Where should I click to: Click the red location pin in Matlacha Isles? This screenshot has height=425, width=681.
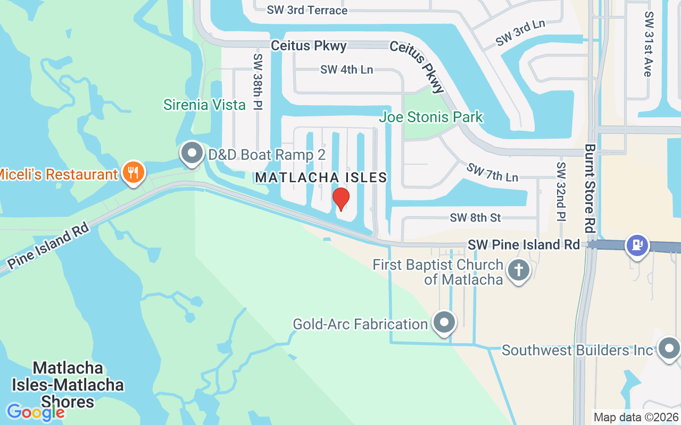pos(340,199)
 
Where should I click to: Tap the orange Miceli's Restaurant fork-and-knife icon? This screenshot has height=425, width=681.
pos(133,173)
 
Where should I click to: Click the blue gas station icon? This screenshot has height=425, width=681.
pos(637,245)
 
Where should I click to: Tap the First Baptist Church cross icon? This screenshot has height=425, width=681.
pos(518,270)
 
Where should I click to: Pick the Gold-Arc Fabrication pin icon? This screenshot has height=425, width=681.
pos(444,322)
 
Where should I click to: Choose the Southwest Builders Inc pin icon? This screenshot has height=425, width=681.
pos(669,348)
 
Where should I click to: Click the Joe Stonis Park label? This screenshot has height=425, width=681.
pos(431,117)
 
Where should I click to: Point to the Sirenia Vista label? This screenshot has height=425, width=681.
pos(204,105)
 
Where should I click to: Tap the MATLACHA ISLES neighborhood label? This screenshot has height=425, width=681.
pos(321,177)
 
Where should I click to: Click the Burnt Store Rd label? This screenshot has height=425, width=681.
pos(589,188)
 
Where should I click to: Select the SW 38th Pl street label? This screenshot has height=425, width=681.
pos(258,81)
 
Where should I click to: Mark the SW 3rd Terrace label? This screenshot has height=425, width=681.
pos(308,10)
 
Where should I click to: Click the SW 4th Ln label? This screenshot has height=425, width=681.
pos(346,70)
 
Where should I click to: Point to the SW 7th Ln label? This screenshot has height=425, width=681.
pos(492,172)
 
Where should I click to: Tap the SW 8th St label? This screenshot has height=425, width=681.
pos(476,218)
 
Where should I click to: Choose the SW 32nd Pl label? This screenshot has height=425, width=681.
pos(561,191)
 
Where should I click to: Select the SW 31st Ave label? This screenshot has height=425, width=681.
pos(648,44)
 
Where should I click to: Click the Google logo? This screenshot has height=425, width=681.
pos(36,412)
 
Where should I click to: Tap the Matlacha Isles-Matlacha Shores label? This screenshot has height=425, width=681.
pos(68,385)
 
